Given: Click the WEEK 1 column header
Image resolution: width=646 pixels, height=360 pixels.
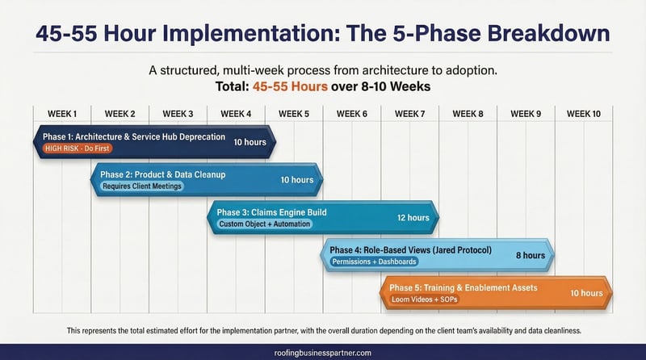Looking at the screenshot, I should click(62, 114).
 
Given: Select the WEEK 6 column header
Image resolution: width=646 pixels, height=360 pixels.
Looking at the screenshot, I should click(352, 114).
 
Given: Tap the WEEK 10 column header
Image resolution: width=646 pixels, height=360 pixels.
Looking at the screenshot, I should click(583, 114).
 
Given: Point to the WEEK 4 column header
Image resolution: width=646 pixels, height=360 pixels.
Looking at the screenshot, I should click(236, 114).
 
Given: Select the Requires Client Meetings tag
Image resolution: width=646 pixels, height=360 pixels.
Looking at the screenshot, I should click(142, 186).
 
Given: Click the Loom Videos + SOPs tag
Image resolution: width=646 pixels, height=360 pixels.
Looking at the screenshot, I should click(424, 299).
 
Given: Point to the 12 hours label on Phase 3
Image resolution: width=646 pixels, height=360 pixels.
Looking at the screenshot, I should click(413, 217).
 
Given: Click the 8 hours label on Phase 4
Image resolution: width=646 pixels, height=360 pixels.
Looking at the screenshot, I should click(531, 255).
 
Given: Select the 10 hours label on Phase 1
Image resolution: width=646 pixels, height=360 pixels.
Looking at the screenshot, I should click(250, 142).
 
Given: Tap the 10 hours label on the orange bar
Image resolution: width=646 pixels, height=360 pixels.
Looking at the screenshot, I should click(586, 292).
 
